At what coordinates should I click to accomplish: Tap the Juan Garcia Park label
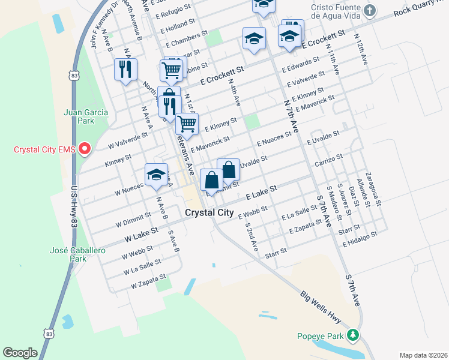[79, 116]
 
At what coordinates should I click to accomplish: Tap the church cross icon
[370, 10]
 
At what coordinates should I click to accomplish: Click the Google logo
[20, 352]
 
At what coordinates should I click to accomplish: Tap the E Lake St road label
[261, 193]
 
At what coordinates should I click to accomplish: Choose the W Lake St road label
[141, 234]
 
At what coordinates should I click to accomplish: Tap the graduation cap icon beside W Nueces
[156, 175]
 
